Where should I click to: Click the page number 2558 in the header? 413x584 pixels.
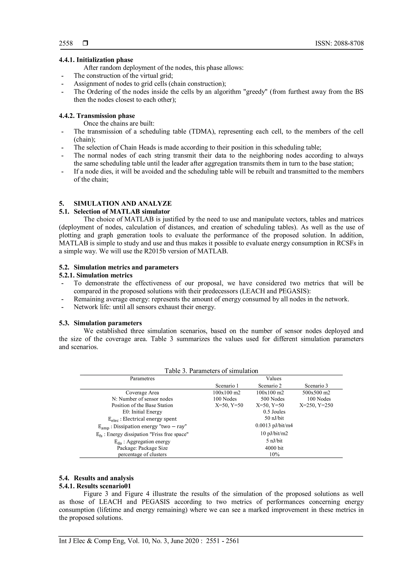66,44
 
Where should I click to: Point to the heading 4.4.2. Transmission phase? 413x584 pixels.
97,116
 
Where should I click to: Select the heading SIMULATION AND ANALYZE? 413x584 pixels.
123,203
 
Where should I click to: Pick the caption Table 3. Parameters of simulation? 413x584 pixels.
211,371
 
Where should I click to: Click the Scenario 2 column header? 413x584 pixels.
270,386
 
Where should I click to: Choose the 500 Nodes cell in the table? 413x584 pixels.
272,399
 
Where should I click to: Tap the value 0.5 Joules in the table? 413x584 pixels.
274,412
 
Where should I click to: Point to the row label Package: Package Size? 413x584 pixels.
142,448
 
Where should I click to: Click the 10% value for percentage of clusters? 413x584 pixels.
274,455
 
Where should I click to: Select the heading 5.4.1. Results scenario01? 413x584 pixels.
95,486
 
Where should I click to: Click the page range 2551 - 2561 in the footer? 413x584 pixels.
222,541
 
